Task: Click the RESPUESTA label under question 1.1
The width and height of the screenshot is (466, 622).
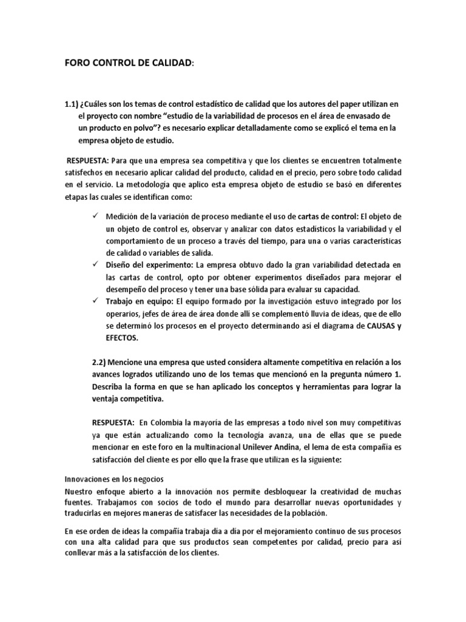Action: [x=89, y=160]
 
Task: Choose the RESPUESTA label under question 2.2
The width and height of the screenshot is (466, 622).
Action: [x=113, y=422]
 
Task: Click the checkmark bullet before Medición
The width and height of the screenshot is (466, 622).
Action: [x=95, y=216]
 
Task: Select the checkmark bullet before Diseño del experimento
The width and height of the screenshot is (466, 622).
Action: [x=95, y=265]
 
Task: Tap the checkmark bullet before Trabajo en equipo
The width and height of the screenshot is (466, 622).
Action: [x=95, y=301]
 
